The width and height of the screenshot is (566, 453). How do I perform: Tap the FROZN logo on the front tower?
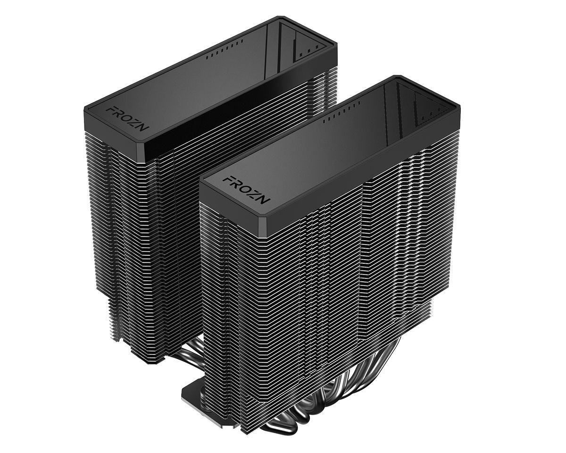[246, 189]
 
